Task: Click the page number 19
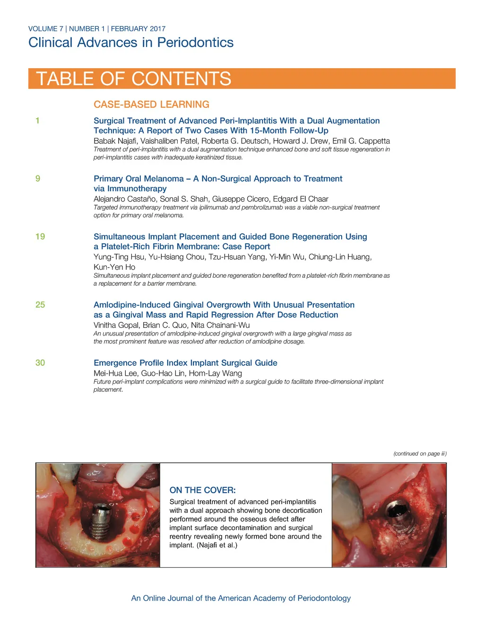tap(40, 237)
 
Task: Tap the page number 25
tap(40, 305)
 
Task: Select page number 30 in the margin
tap(40, 363)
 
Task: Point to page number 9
tap(38, 179)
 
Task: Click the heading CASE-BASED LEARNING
tap(151, 105)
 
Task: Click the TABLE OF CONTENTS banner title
tap(134, 79)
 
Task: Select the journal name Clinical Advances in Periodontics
tap(131, 43)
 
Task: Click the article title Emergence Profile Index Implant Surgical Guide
tap(185, 363)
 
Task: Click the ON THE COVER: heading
tap(202, 490)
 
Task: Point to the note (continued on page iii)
tap(420, 454)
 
